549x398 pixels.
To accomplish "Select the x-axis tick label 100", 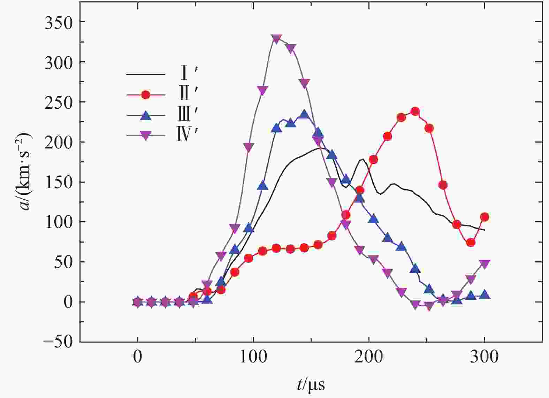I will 253,358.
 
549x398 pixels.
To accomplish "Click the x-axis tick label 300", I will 484,358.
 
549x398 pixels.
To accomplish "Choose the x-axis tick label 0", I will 138,358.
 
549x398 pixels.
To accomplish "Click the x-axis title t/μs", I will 311,385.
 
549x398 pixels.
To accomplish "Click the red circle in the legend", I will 145,94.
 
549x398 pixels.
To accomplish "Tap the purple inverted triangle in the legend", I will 145,136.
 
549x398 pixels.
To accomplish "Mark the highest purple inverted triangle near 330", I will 276,38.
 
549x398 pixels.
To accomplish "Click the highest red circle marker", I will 415,112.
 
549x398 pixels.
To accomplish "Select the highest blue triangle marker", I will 304,114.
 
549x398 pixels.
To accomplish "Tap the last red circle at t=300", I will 485,217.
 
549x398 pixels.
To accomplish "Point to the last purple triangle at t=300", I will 485,264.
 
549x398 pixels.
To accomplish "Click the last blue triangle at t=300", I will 485,294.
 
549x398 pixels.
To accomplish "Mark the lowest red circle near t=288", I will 471,242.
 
